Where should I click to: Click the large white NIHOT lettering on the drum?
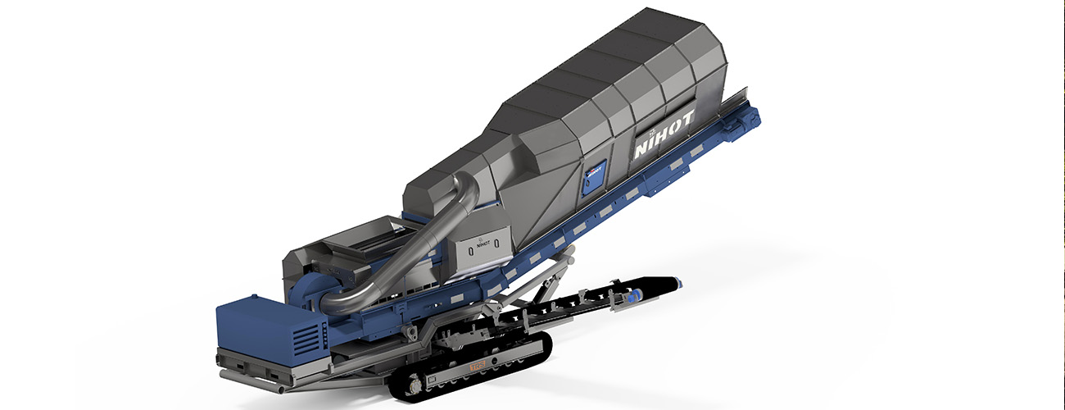[x=664, y=136]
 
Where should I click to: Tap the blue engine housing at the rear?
[x=262, y=328]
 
